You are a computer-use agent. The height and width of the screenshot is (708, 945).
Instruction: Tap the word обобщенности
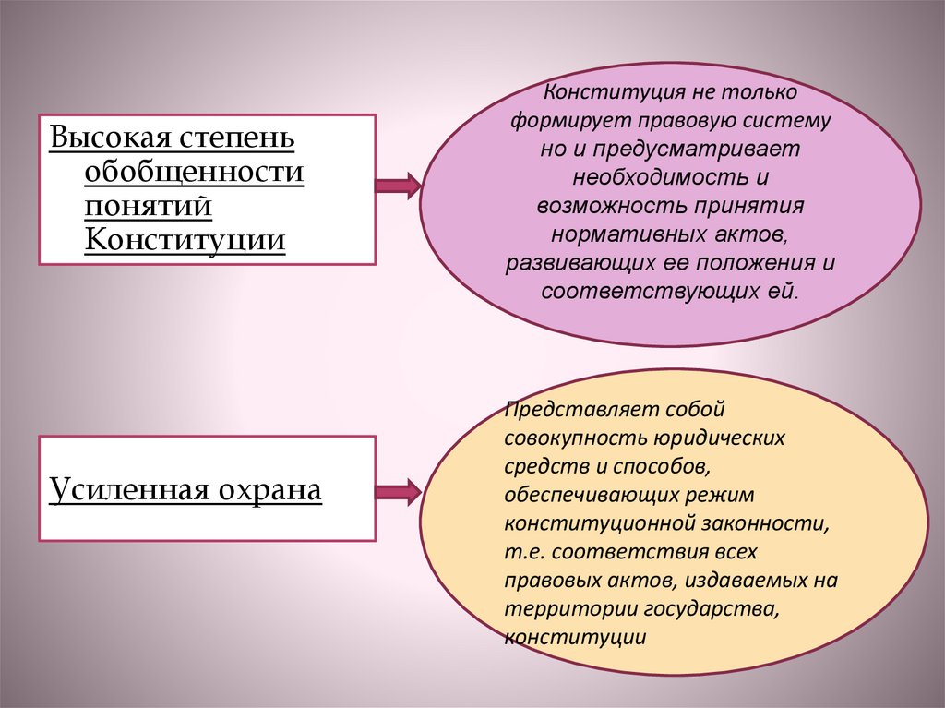194,172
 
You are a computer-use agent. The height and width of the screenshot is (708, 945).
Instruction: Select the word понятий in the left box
149,206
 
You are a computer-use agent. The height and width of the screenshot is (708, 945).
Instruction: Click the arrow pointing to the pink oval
397,186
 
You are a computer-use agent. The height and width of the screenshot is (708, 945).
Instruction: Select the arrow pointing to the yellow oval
397,492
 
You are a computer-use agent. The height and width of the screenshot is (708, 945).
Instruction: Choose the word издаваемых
730,581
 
